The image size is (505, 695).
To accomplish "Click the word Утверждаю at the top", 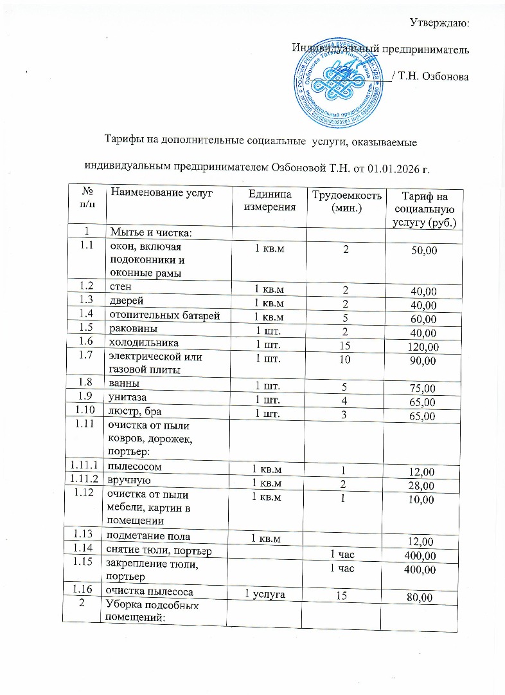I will point(439,24).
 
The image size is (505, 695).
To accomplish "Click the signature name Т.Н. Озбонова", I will point(433,77).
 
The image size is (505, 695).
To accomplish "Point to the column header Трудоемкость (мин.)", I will point(346,201).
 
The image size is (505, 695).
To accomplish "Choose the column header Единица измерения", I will point(270,201).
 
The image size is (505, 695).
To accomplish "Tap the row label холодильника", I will point(144,344).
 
